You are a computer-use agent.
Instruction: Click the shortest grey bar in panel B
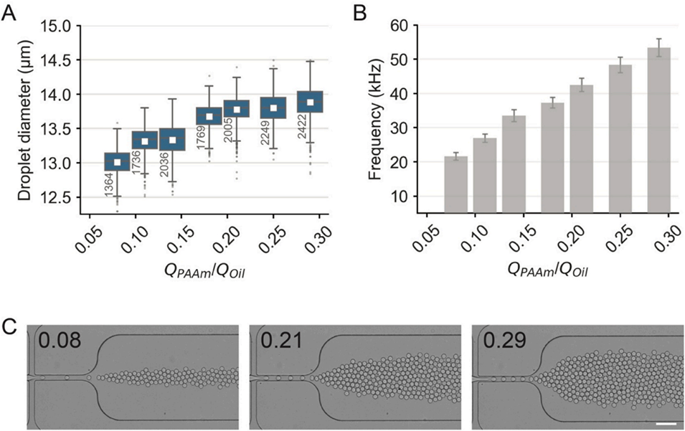pyautogui.click(x=456, y=184)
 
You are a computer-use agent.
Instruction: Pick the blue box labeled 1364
pyautogui.click(x=117, y=162)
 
